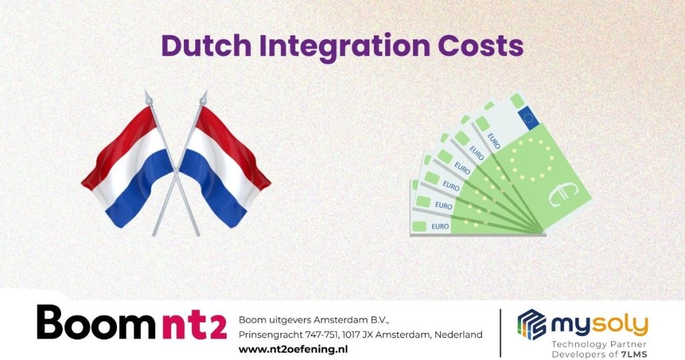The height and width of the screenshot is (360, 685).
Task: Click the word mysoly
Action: click(599, 325)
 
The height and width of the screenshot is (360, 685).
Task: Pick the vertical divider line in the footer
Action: click(500, 332)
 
